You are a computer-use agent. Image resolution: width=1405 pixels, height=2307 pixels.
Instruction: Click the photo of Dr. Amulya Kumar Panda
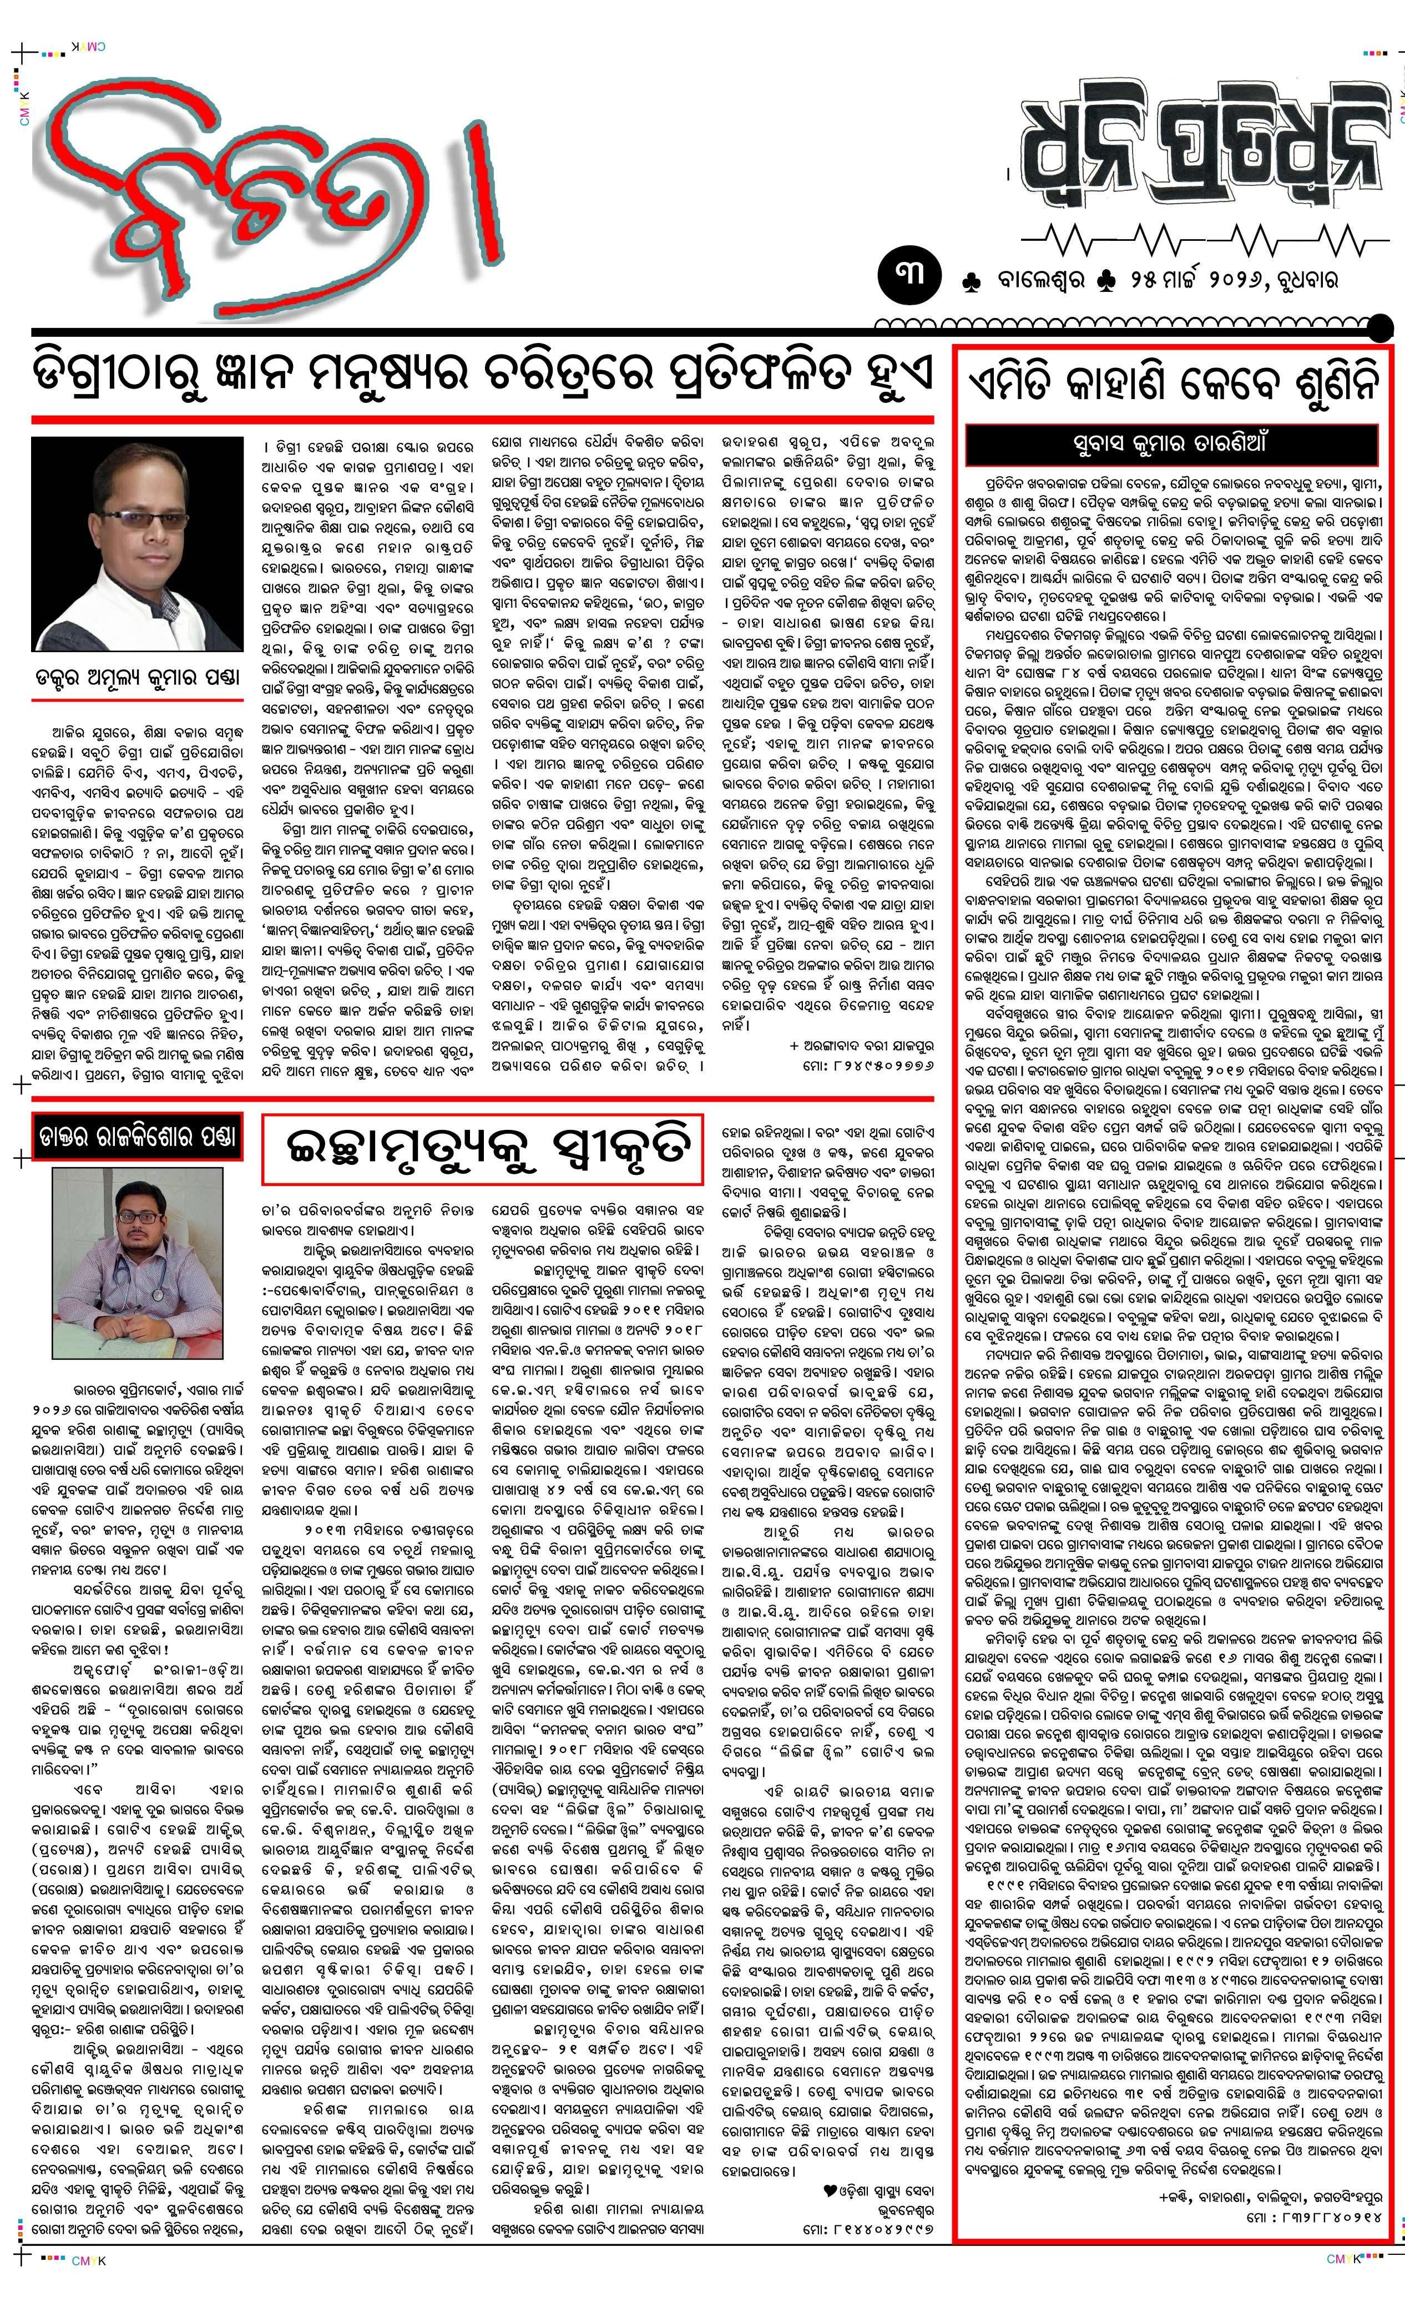137,543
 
